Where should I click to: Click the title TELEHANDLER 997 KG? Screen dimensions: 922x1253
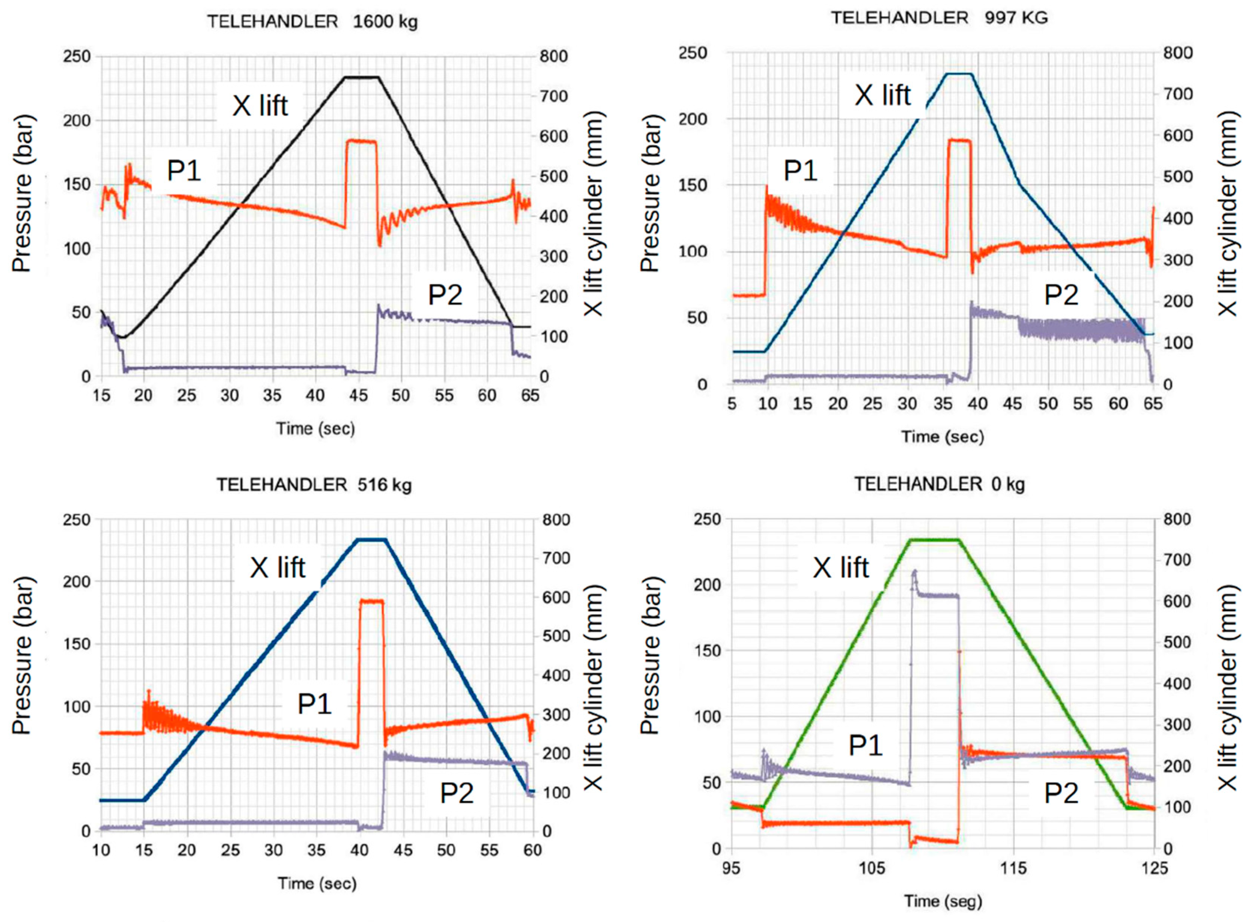click(x=939, y=18)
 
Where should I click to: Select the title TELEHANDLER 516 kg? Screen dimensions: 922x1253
click(x=314, y=485)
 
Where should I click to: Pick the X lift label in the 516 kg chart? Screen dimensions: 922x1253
click(x=277, y=568)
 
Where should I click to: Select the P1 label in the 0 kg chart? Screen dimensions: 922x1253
click(x=865, y=745)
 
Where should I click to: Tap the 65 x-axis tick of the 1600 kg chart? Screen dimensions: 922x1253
click(x=530, y=396)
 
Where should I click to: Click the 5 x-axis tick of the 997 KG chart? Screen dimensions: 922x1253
click(x=732, y=403)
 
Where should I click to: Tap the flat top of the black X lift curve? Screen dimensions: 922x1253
click(x=361, y=77)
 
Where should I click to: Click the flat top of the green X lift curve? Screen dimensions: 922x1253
click(x=934, y=539)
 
